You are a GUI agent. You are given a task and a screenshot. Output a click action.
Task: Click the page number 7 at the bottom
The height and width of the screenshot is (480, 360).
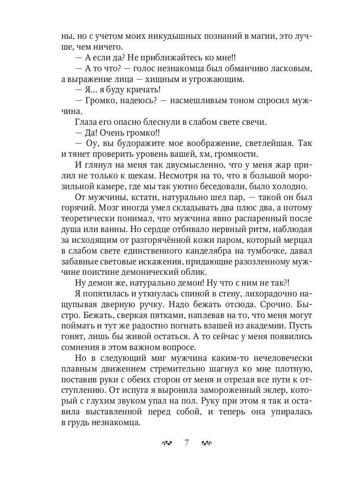click(187, 443)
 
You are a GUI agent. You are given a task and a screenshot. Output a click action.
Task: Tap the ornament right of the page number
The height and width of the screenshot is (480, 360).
click(207, 443)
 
